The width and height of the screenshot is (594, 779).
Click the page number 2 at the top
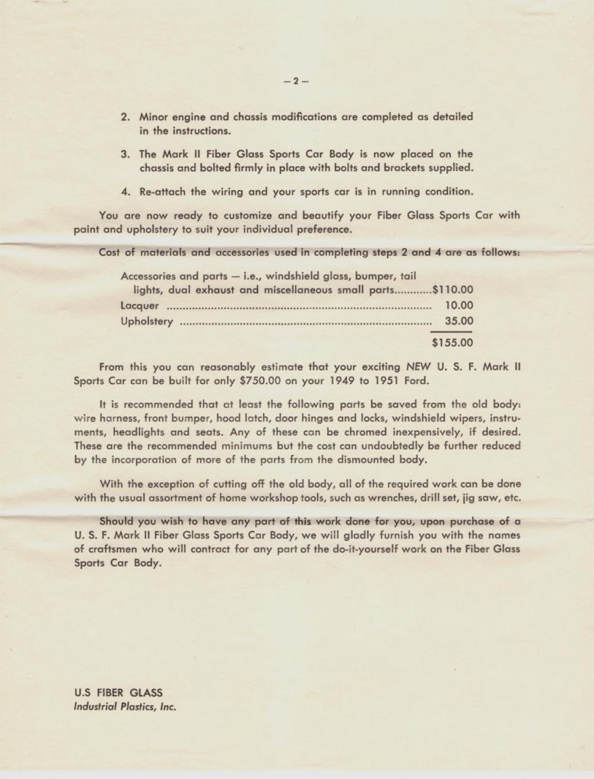point(297,81)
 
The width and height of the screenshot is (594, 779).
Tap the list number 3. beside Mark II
point(125,153)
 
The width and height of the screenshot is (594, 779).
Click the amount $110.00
point(452,289)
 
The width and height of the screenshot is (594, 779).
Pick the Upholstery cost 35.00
point(459,321)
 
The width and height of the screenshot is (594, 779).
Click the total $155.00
point(452,342)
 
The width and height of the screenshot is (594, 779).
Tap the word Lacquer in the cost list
point(140,305)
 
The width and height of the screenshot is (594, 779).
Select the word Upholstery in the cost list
point(147,321)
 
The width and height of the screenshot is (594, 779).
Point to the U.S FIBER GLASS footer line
point(118,692)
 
